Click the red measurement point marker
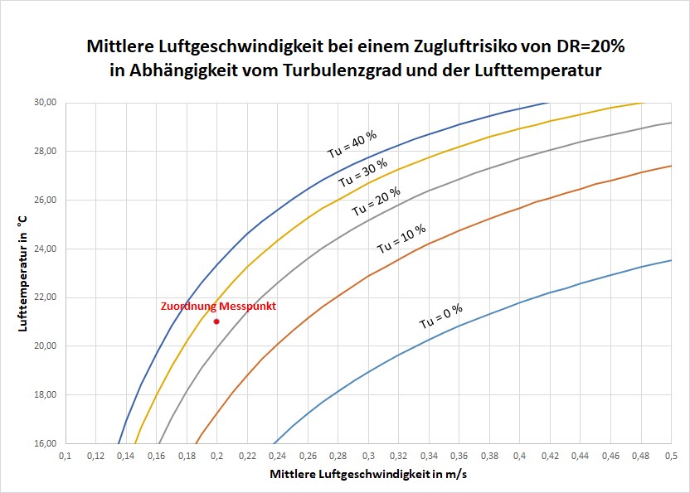tap(216, 321)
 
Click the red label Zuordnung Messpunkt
tap(218, 307)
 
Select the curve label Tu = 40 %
tap(351, 143)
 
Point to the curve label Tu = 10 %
tap(401, 238)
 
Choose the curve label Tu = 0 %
tap(440, 317)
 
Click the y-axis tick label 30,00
tap(44, 103)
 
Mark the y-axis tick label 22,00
tap(44, 297)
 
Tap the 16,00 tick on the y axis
tap(44, 443)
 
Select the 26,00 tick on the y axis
tap(44, 200)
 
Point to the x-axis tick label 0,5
tap(671, 457)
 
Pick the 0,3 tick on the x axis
tap(368, 457)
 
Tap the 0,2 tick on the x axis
tap(217, 457)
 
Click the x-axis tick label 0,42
tap(550, 457)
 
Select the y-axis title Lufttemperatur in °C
tap(23, 273)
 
